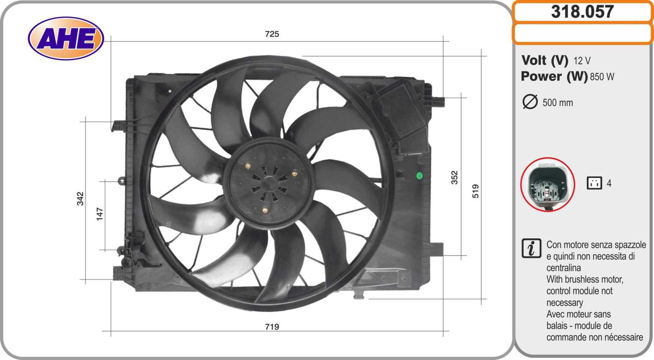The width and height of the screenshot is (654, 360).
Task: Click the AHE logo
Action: [66, 38]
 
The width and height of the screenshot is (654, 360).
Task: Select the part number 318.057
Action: [582, 12]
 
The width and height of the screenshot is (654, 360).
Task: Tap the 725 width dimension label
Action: [272, 34]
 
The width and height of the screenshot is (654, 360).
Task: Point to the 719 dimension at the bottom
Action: [272, 326]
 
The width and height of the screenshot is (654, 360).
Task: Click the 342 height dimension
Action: [80, 199]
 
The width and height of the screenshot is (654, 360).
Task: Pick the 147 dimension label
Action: [100, 214]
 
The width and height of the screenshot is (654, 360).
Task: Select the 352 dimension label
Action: [455, 177]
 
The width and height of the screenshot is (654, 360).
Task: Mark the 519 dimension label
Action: [476, 191]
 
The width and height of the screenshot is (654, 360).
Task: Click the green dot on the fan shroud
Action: [419, 175]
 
